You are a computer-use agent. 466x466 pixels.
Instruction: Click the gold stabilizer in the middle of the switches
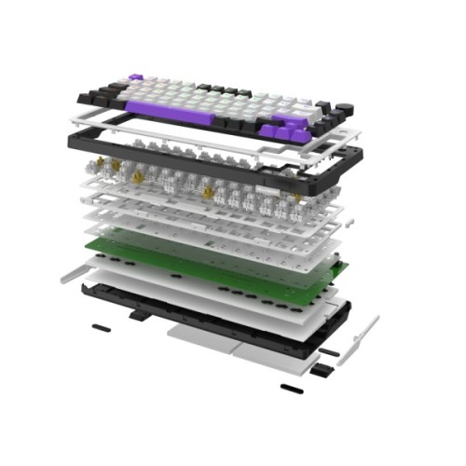click(207, 194)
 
